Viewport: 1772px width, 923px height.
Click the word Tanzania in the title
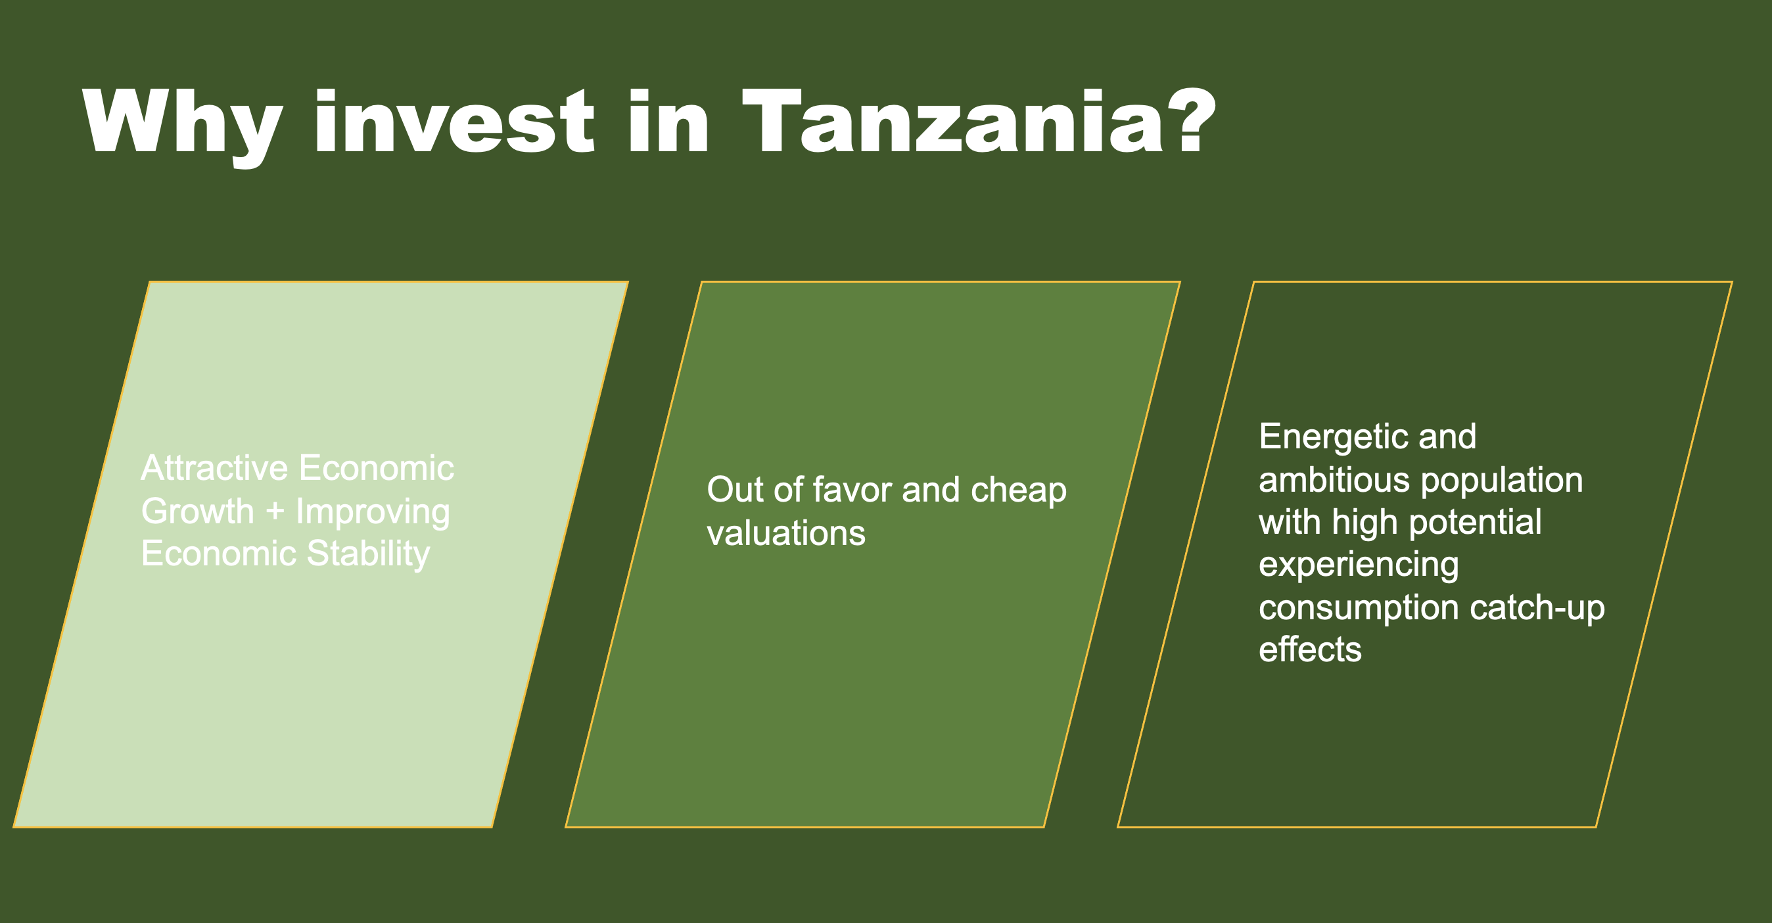coord(954,121)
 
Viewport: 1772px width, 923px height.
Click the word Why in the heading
coord(182,128)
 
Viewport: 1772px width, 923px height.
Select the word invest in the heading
coord(454,121)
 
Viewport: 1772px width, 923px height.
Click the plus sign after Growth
coord(275,512)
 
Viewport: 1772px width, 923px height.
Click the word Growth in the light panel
coord(198,511)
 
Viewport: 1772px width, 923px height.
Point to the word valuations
coord(786,533)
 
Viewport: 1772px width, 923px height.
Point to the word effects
coord(1310,650)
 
